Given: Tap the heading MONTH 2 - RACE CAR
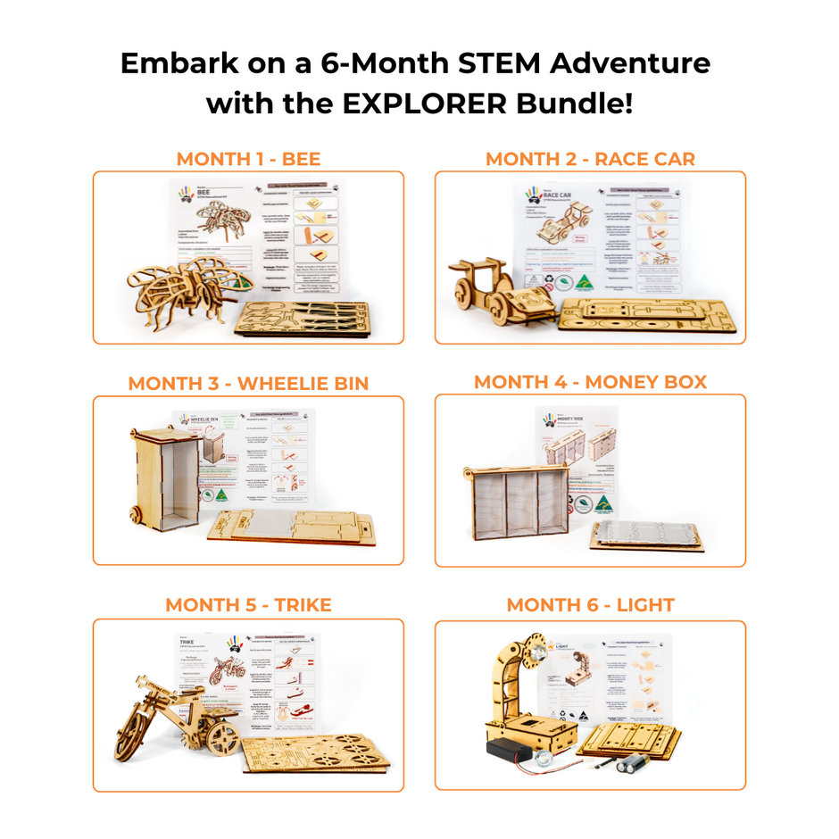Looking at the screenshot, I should (x=590, y=159).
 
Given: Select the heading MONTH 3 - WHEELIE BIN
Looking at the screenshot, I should (x=248, y=383).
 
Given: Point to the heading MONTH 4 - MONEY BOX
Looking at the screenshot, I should (x=590, y=382).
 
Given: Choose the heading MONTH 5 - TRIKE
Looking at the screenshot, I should (x=248, y=604).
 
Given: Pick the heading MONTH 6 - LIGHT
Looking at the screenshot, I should (x=590, y=604).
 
